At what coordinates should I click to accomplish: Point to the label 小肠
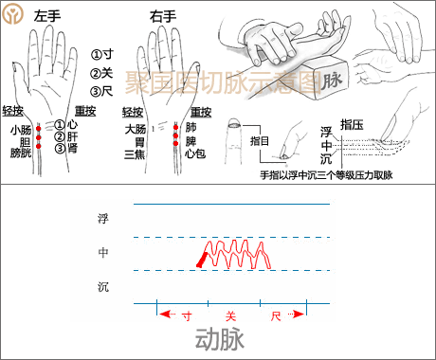[20, 130]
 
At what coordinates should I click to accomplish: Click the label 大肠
[134, 128]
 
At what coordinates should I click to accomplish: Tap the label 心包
[195, 153]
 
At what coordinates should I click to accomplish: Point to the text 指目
[259, 141]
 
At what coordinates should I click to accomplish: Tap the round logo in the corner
[12, 13]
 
